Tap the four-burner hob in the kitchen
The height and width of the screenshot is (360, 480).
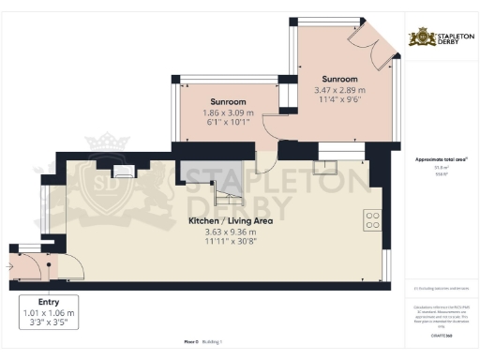(372, 221)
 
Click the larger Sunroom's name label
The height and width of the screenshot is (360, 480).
(339, 79)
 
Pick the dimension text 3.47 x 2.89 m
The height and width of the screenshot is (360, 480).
(339, 90)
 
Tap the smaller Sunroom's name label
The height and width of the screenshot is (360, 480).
(228, 100)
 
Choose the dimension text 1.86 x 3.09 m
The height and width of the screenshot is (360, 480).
(228, 112)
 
